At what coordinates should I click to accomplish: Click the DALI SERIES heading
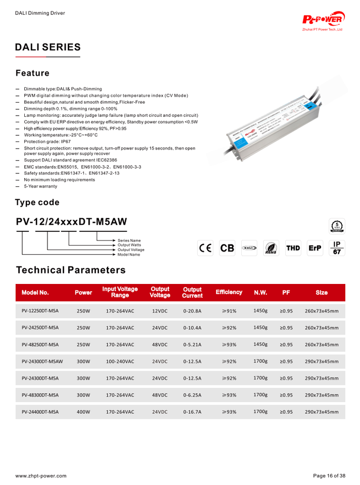[48, 47]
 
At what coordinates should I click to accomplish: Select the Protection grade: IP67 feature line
[48, 142]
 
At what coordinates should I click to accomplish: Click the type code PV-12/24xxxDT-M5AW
[71, 222]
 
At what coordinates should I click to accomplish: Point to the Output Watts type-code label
[129, 245]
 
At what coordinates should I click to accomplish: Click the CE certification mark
[205, 248]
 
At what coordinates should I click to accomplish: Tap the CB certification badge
[228, 248]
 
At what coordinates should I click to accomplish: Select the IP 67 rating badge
[337, 248]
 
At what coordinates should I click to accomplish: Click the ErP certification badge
[315, 248]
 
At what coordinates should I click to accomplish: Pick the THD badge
[293, 248]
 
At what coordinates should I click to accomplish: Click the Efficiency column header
[229, 293]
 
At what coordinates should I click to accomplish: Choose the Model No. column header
[35, 293]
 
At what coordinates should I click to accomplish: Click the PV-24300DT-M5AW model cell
[42, 362]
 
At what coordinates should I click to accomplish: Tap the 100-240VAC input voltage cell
[120, 362]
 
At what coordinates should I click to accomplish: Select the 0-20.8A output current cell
[192, 311]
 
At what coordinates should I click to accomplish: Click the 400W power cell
[83, 412]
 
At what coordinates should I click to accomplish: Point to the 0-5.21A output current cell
[192, 345]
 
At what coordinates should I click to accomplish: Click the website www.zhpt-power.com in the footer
[40, 476]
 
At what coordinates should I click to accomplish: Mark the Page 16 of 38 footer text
[329, 476]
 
